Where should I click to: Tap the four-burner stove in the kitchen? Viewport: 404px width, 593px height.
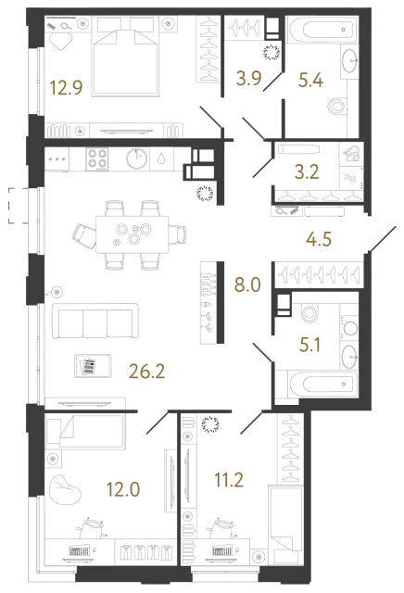(97, 159)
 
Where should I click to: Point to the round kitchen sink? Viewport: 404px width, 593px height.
(136, 159)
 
